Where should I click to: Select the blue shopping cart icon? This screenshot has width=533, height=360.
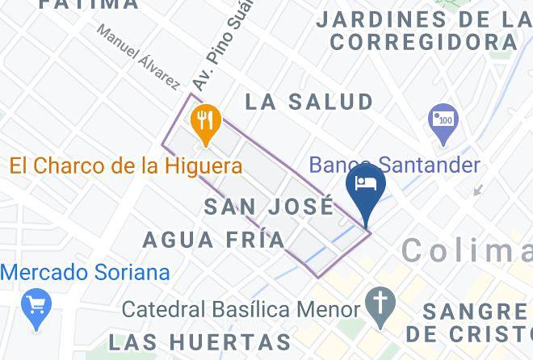click(x=37, y=306)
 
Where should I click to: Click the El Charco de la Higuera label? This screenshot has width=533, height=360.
click(x=126, y=166)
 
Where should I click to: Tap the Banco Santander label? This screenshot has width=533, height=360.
click(x=395, y=165)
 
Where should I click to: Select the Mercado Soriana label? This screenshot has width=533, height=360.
click(x=85, y=271)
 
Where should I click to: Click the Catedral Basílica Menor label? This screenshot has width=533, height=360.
click(x=241, y=308)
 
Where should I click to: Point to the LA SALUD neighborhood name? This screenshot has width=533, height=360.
click(x=309, y=102)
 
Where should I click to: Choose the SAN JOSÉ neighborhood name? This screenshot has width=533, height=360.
click(x=269, y=206)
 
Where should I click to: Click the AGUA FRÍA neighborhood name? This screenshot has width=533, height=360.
click(x=214, y=240)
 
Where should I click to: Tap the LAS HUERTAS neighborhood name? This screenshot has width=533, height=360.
click(x=199, y=341)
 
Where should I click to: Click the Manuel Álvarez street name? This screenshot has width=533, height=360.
click(x=139, y=55)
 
